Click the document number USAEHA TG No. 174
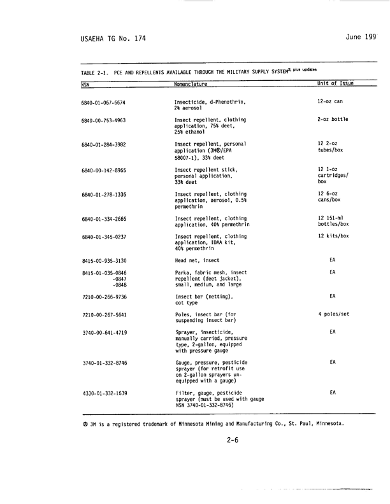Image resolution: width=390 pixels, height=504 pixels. tap(113, 39)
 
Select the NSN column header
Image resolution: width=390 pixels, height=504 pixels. tap(86, 83)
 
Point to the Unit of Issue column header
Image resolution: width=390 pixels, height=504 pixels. tap(335, 83)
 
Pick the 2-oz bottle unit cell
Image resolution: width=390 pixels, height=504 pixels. tap(335, 120)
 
